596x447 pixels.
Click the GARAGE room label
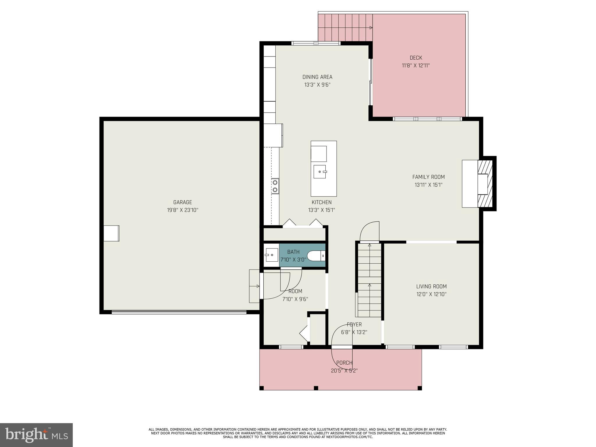pos(182,202)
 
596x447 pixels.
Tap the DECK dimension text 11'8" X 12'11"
pos(416,66)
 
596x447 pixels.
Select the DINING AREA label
pos(317,77)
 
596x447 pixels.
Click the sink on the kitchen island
pos(320,172)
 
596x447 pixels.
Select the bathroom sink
pos(271,255)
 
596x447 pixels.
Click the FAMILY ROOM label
pos(428,177)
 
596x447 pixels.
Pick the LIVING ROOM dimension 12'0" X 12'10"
pos(431,294)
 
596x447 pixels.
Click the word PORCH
pos(344,363)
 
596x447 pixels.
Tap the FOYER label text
pos(354,324)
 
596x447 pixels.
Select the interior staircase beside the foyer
pos(369,281)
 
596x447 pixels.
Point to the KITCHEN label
pos(322,202)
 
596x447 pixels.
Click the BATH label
pos(293,252)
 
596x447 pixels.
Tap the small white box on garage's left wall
pos(111,233)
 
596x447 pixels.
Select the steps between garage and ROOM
pos(254,286)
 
